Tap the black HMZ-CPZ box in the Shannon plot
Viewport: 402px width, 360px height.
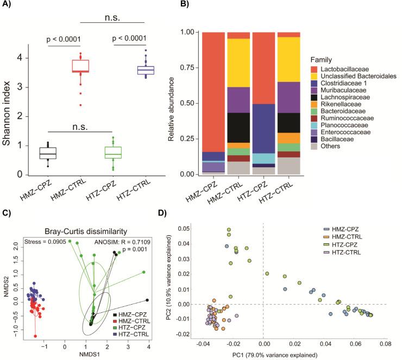pos(49,153)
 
